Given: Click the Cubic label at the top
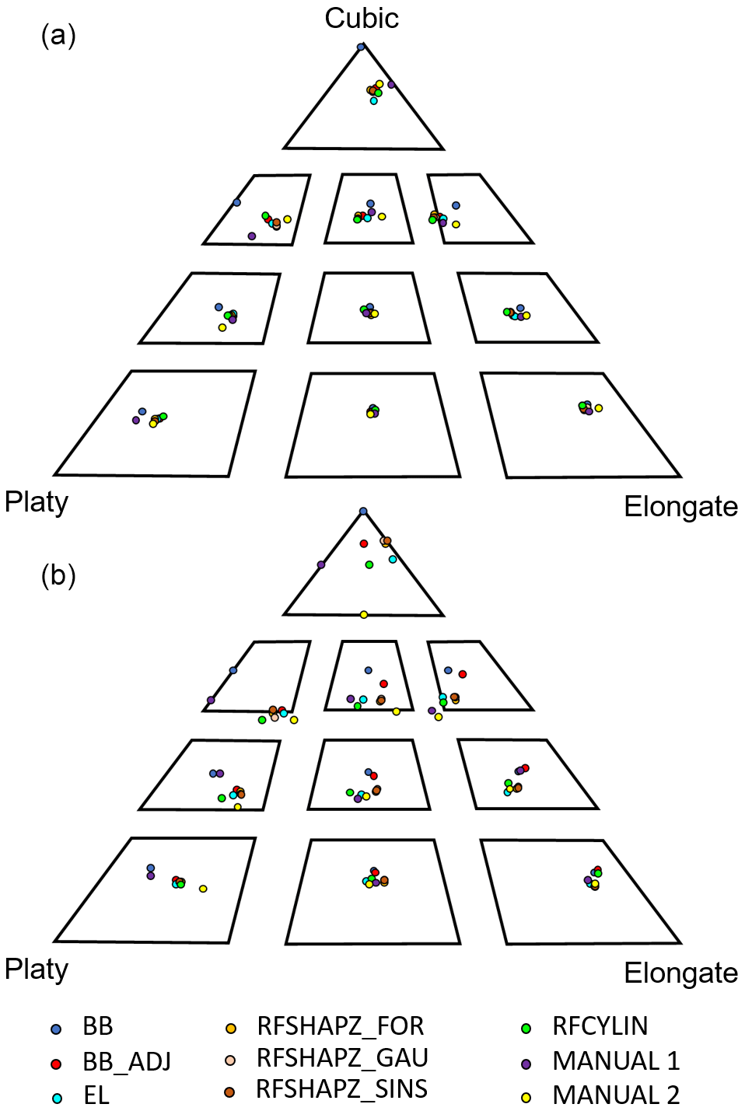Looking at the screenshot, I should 362,18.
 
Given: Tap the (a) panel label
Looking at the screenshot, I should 58,35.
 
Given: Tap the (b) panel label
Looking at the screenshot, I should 58,575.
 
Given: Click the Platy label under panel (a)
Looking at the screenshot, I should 37,502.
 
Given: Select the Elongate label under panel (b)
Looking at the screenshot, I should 680,973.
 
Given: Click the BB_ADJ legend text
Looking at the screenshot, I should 127,1061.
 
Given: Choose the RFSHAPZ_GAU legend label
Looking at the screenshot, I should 342,1058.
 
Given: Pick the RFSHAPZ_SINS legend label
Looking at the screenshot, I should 341,1089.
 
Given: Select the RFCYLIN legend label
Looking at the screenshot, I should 600,1026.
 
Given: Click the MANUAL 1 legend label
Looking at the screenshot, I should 616,1060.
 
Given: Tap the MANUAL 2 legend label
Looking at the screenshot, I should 616,1095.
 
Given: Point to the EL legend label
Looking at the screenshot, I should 96,1095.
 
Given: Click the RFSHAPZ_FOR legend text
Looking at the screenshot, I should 341,1026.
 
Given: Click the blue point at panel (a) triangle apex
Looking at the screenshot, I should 361,47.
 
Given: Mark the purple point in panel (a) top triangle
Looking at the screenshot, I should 391,85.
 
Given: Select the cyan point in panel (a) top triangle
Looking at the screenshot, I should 373,100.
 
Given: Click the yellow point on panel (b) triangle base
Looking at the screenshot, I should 363,615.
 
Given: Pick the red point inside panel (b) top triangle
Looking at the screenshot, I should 363,543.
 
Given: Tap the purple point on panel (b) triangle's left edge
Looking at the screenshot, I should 321,565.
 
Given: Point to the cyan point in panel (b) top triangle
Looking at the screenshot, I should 393,560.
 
